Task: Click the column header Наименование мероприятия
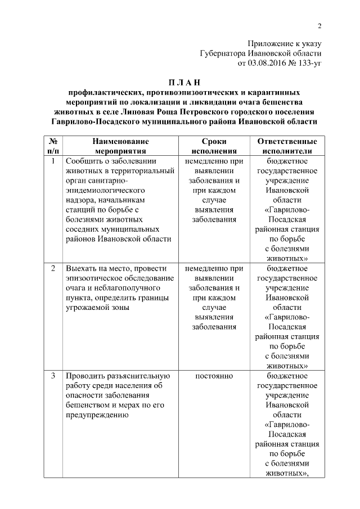pyautogui.click(x=121, y=146)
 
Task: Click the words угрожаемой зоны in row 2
pyautogui.click(x=98, y=308)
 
